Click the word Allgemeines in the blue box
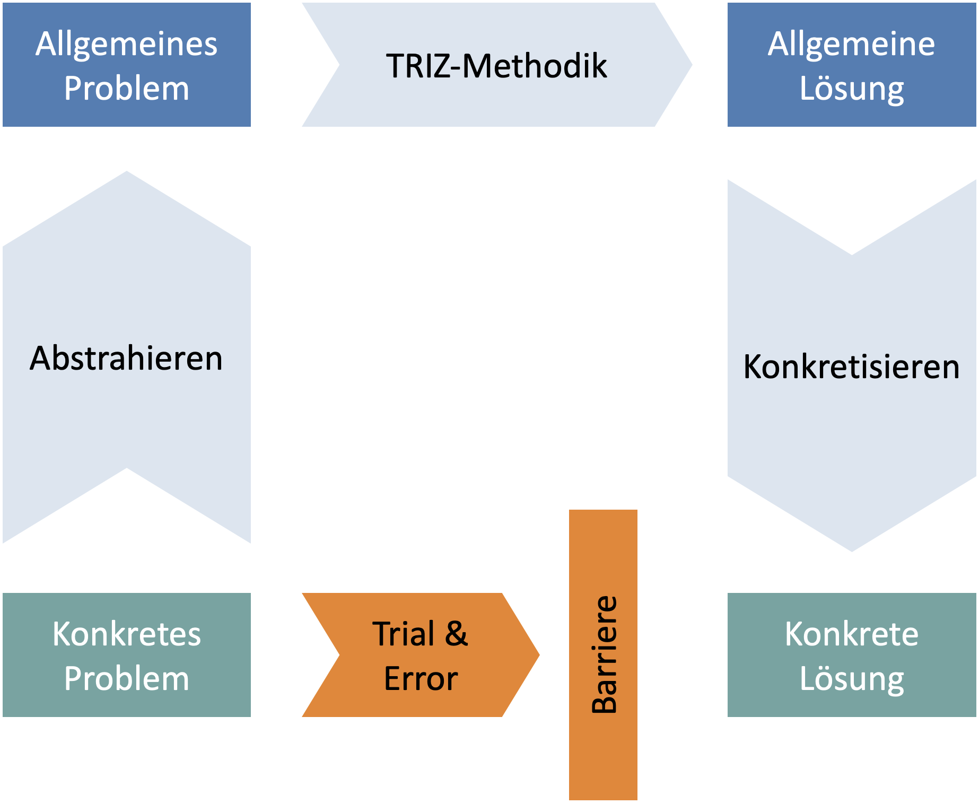coord(126,44)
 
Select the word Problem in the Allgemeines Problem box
coord(126,88)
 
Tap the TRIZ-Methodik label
coord(496,66)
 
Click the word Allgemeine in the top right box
coord(851,44)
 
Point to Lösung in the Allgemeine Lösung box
coord(851,88)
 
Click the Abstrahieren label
coord(126,359)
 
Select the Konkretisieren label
coord(851,367)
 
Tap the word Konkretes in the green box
coord(126,634)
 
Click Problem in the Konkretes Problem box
coord(126,679)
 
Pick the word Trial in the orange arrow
coord(404,634)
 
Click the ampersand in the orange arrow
coord(456,634)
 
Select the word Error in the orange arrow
coord(421,679)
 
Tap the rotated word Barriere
coord(604,654)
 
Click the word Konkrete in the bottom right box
coord(851,634)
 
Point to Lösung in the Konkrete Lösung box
coord(851,679)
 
